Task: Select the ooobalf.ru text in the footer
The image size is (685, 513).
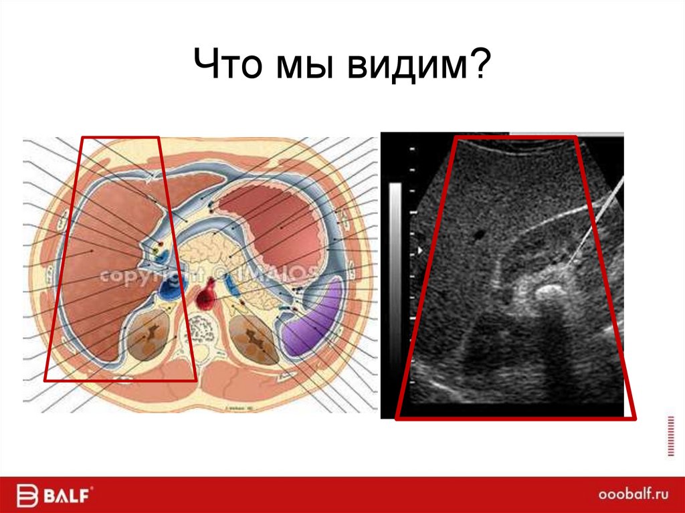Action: (632, 495)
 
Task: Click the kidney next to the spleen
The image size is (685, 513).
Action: (253, 338)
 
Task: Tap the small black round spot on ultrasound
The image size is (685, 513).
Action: (478, 235)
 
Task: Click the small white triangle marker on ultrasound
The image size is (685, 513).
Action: (419, 250)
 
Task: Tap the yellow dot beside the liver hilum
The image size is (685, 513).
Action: (157, 247)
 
